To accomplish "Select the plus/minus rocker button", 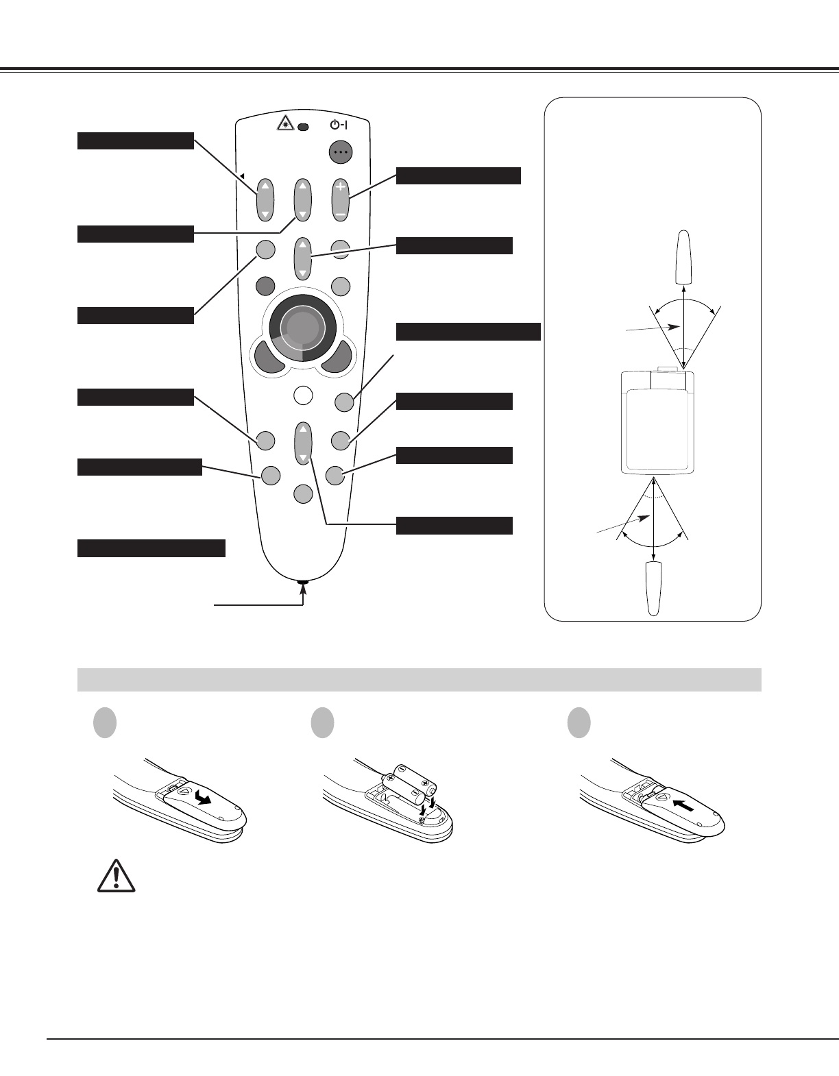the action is point(340,199).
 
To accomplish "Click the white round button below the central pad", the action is point(302,395).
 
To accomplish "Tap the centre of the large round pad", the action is point(302,328).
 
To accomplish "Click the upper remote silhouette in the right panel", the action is point(683,258).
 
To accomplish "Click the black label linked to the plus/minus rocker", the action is point(459,175).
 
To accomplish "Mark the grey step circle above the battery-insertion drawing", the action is point(321,724).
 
